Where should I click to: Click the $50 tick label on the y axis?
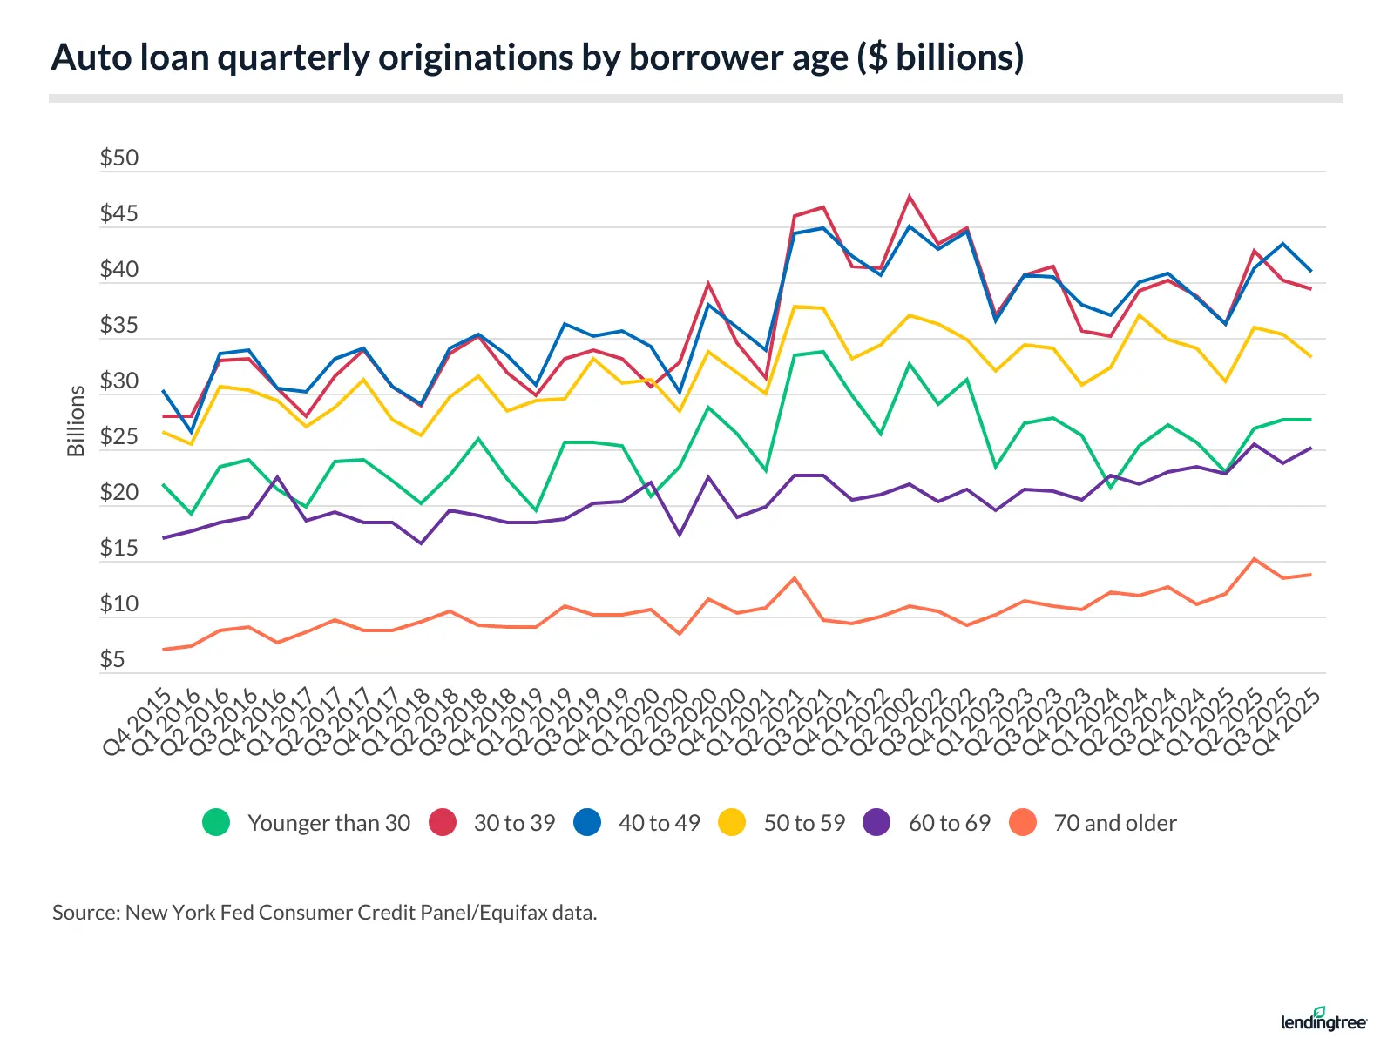point(119,158)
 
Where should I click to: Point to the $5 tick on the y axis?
point(112,660)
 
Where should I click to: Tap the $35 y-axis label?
point(119,326)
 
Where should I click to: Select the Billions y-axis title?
point(76,421)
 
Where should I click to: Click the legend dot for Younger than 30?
point(216,823)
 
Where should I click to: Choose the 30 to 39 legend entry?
point(514,823)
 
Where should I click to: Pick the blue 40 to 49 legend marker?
point(588,823)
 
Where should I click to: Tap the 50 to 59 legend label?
point(804,823)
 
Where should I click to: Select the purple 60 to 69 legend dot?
point(877,823)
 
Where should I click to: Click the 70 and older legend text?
point(1115,823)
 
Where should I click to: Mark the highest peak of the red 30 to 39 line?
point(910,196)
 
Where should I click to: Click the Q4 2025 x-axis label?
point(1287,722)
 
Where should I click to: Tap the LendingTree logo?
point(1323,1019)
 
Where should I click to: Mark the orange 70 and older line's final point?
point(1310,575)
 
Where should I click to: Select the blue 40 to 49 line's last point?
point(1310,271)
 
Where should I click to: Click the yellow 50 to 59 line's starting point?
point(163,432)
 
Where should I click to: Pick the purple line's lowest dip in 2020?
point(680,535)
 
